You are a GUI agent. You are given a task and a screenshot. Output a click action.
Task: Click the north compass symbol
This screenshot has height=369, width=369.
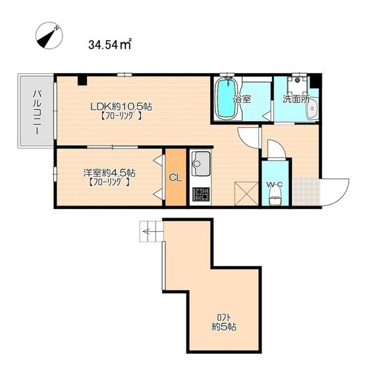click(49, 36)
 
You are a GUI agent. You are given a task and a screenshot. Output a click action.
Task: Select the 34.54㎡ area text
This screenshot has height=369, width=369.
click(109, 45)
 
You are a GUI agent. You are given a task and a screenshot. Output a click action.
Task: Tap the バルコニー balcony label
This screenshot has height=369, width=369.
click(37, 112)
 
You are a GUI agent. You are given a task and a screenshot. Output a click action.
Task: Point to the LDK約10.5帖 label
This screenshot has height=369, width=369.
click(121, 107)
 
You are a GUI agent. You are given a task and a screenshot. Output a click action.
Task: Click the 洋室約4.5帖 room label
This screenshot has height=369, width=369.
click(109, 173)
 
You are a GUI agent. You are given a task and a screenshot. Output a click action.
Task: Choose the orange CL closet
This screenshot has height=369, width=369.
click(175, 177)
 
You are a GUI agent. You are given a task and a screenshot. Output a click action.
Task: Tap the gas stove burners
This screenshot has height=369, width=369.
click(201, 194)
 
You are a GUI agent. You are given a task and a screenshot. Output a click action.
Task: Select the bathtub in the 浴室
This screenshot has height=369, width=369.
click(226, 98)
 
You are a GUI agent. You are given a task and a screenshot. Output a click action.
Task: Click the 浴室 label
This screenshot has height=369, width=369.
click(242, 99)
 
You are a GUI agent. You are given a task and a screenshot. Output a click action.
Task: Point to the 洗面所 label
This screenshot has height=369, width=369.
click(296, 99)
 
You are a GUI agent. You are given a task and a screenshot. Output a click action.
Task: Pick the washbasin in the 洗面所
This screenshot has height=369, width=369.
click(312, 109)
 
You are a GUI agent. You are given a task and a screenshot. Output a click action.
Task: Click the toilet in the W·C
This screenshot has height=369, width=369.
click(275, 197)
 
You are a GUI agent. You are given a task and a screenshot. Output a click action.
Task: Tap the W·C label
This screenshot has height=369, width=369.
click(274, 184)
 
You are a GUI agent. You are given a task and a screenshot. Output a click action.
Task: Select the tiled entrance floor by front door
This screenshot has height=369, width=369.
click(306, 191)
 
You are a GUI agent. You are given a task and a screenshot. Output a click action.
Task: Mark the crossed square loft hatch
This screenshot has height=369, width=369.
click(246, 194)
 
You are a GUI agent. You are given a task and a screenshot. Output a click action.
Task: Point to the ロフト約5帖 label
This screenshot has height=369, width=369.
click(224, 322)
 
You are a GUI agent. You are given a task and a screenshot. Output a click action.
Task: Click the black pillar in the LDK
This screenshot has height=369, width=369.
click(82, 80)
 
